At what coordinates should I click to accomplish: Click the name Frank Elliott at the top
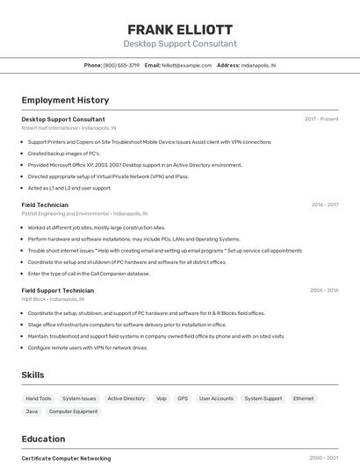pyautogui.click(x=180, y=29)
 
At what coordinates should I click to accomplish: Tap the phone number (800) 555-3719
pyautogui.click(x=121, y=65)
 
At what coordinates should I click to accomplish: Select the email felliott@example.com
pyautogui.click(x=187, y=65)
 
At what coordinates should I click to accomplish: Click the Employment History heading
pyautogui.click(x=65, y=100)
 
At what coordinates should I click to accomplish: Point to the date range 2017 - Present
pyautogui.click(x=321, y=119)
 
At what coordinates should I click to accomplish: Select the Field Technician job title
pyautogui.click(x=45, y=204)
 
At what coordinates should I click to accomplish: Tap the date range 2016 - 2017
pyautogui.click(x=324, y=204)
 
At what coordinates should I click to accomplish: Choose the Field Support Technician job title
pyautogui.click(x=57, y=290)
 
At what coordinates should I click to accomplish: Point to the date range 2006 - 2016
pyautogui.click(x=323, y=290)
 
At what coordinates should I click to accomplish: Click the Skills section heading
pyautogui.click(x=32, y=375)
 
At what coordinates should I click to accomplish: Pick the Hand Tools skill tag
pyautogui.click(x=38, y=398)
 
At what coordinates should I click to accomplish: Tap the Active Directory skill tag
pyautogui.click(x=126, y=398)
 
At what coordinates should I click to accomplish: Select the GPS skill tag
pyautogui.click(x=183, y=398)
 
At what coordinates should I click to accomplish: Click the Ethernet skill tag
pyautogui.click(x=303, y=398)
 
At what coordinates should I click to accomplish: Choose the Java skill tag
pyautogui.click(x=32, y=411)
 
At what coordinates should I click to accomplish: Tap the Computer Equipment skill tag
pyautogui.click(x=73, y=411)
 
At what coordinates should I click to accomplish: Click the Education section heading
pyautogui.click(x=43, y=439)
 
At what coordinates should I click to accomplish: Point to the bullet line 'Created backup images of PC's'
pyautogui.click(x=63, y=154)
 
